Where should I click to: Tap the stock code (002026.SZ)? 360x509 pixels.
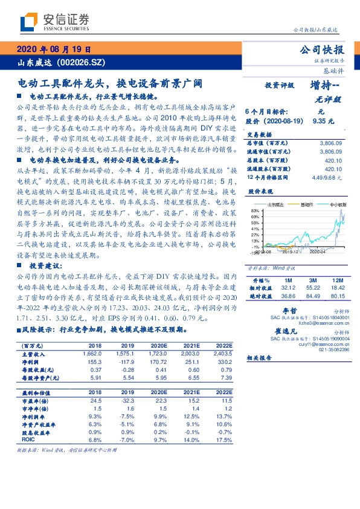(84, 62)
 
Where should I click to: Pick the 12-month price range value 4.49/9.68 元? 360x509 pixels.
(326, 178)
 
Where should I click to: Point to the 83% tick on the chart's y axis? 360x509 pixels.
(255, 211)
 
